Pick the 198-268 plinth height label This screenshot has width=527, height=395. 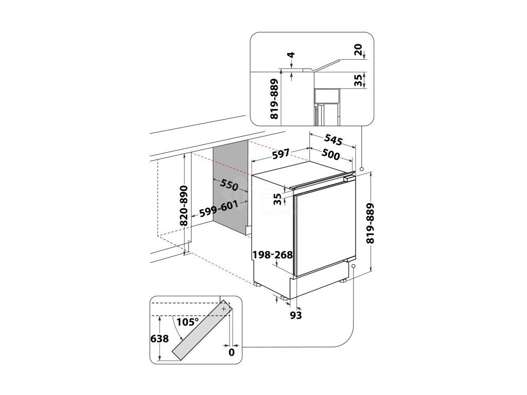click(x=273, y=255)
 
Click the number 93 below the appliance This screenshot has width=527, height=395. click(x=295, y=315)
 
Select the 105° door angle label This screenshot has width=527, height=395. click(x=187, y=322)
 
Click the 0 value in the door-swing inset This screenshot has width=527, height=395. click(x=232, y=352)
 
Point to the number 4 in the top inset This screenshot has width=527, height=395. click(x=291, y=55)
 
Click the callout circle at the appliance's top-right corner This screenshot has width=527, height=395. click(x=362, y=169)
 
